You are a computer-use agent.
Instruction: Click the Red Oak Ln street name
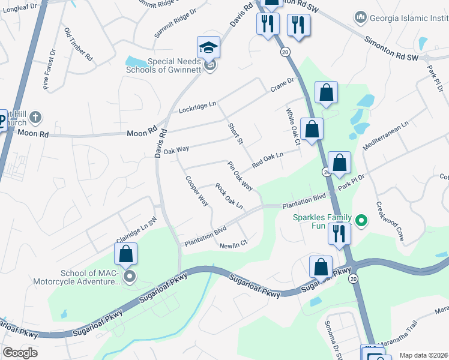267,160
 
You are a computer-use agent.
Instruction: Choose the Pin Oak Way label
240,176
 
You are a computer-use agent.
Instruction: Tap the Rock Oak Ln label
229,196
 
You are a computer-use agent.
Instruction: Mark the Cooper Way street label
197,191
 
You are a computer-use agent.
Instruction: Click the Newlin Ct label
234,245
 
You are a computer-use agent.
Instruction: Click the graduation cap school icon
208,47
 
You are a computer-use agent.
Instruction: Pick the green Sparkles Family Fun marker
361,221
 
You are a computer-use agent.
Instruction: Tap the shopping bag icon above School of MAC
125,254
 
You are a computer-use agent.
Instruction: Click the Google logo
20,352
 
